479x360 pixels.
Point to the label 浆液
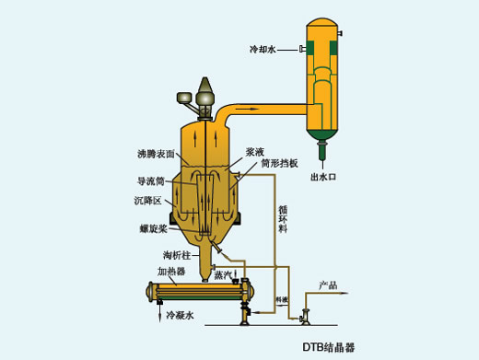255,150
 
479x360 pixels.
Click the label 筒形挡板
278,163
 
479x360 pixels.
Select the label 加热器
171,272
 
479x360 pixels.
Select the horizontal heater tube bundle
199,295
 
